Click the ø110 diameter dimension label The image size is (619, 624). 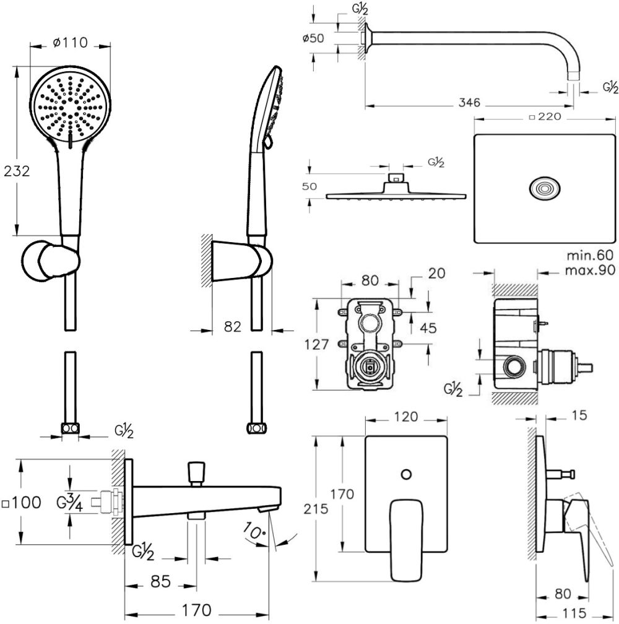[x=70, y=43]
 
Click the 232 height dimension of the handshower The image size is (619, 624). [x=17, y=171]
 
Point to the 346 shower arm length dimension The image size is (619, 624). [x=470, y=103]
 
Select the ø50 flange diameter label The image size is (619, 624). [x=313, y=38]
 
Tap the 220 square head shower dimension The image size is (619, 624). [x=546, y=116]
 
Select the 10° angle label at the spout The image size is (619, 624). [x=256, y=530]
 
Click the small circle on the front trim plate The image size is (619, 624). [x=405, y=475]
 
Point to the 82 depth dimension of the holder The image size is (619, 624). [x=233, y=326]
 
